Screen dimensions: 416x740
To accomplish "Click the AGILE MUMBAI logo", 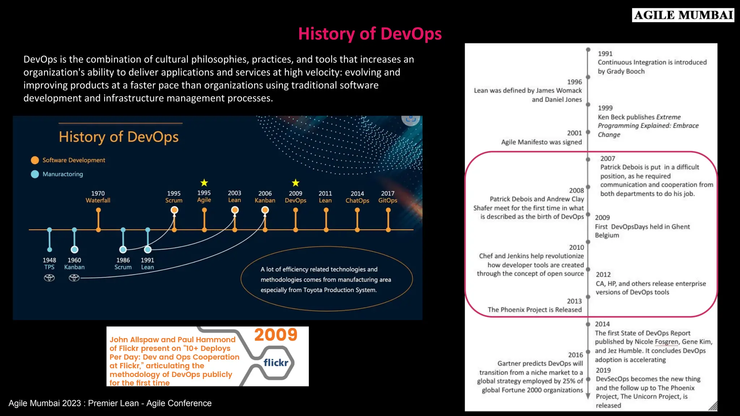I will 683,15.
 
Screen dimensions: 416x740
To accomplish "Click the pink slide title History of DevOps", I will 370,34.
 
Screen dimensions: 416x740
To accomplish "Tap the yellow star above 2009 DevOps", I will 296,183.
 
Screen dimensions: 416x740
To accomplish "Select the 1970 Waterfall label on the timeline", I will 98,197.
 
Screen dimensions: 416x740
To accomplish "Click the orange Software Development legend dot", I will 35,160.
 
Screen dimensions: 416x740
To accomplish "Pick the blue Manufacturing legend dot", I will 35,174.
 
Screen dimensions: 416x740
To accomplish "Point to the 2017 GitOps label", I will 388,197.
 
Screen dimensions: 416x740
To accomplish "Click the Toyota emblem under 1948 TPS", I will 49,278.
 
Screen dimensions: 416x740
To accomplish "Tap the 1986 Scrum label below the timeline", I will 123,264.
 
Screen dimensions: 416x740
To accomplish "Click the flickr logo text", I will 276,363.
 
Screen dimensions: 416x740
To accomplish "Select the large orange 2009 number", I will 276,335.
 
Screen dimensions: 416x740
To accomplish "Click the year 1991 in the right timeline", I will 605,54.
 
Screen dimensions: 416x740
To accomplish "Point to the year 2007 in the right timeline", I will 607,159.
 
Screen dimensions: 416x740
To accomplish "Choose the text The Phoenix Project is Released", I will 534,310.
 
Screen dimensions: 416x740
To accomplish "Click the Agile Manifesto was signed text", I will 541,142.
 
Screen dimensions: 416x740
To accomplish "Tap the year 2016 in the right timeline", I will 575,355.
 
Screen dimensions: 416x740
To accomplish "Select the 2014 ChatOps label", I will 357,197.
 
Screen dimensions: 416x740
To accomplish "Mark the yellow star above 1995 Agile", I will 204,183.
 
